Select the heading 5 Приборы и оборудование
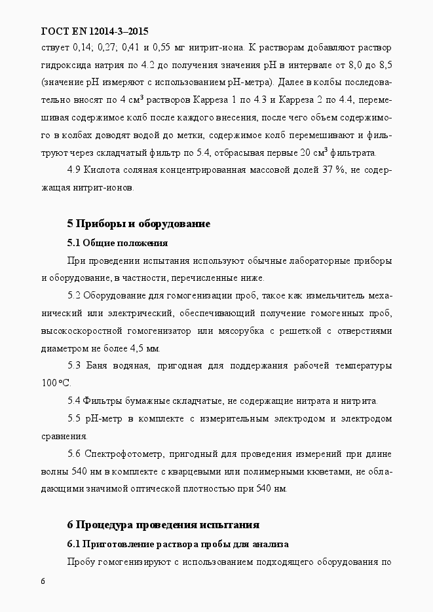coord(138,224)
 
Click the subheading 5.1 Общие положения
coord(117,243)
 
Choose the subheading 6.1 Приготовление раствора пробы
coord(178,544)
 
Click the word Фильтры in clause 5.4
coord(103,400)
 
